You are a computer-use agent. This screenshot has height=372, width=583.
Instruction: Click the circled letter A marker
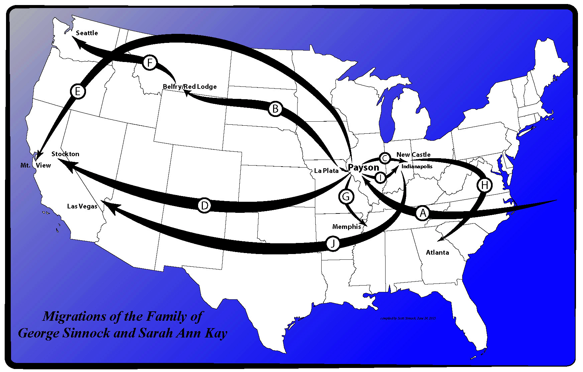pos(423,213)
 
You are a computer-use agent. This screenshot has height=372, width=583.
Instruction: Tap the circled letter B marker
pos(275,109)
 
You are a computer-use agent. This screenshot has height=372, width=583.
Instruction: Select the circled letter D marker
pos(204,205)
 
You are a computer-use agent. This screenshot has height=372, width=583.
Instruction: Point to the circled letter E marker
pos(78,91)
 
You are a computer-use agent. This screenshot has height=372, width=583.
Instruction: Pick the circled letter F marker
pos(150,63)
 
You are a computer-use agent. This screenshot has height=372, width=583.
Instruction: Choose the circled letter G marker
pos(346,196)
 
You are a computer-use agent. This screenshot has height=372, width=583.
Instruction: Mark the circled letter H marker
pos(484,185)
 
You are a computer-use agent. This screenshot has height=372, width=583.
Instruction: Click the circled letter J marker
pos(333,243)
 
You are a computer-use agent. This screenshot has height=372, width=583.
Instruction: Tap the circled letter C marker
pos(385,158)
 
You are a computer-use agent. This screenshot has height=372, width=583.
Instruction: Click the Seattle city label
pos(87,33)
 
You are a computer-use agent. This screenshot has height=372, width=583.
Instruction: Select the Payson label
pos(363,167)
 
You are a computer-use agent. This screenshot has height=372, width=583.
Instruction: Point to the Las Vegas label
pos(82,206)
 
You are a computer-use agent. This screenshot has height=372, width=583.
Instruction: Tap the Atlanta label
pos(437,252)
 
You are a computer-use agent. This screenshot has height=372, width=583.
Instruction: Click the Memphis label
pos(346,227)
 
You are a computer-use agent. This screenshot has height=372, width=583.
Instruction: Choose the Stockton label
pos(65,154)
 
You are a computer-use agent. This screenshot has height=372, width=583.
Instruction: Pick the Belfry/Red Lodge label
pos(189,86)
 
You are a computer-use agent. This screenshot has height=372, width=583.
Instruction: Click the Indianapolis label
pos(417,166)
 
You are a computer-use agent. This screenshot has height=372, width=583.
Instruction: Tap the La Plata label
pos(326,171)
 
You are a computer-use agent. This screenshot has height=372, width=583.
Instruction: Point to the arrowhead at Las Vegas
pos(108,205)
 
